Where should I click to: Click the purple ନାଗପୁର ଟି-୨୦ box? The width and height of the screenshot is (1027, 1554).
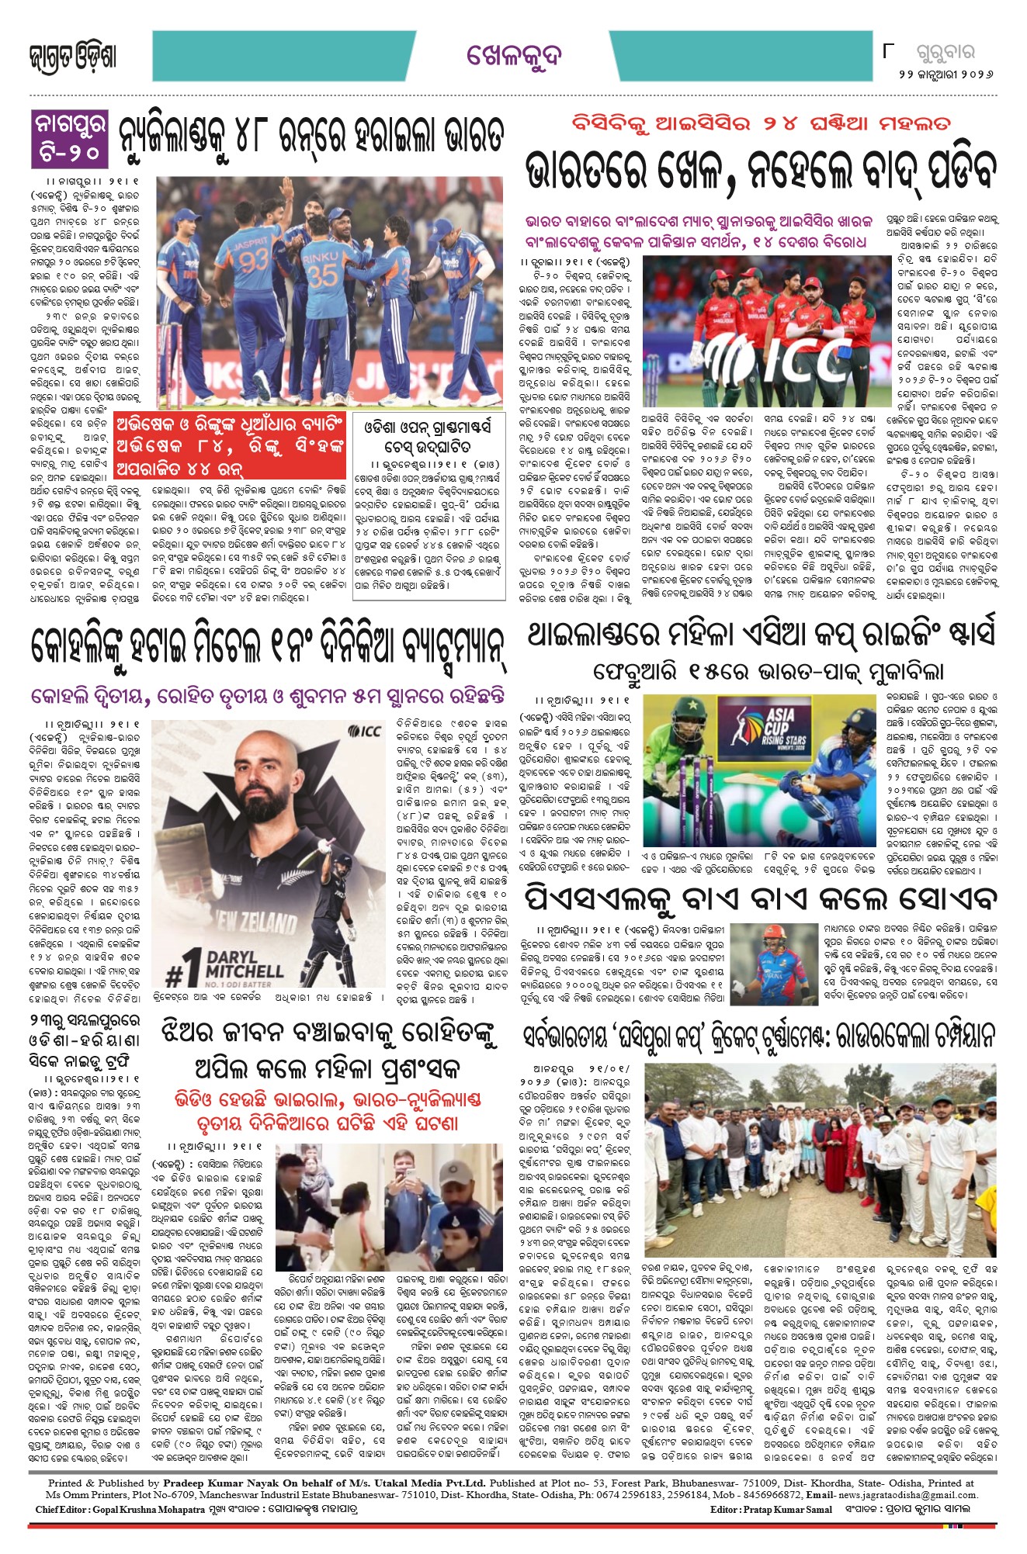[x=70, y=137]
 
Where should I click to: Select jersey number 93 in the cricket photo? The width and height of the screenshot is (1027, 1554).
[x=252, y=260]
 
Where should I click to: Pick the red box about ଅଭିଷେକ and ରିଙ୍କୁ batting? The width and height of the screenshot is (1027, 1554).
[x=229, y=446]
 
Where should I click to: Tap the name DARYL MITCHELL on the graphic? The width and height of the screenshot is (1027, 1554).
[x=244, y=964]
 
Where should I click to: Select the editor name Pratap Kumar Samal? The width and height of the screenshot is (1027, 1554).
[x=787, y=1509]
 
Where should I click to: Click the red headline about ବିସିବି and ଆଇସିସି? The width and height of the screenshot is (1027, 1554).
[x=760, y=124]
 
